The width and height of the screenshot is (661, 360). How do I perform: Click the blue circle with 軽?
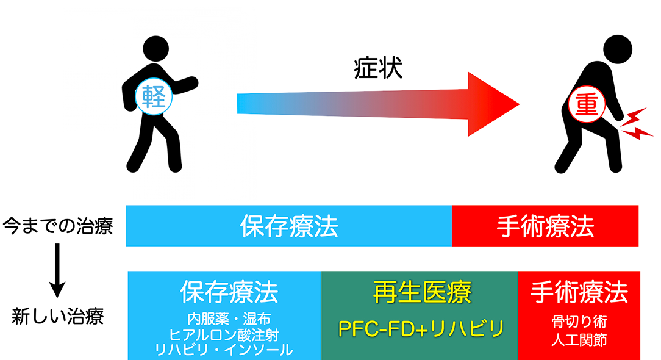pyautogui.click(x=154, y=96)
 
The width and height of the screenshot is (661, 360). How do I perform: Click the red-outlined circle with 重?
pyautogui.click(x=587, y=104)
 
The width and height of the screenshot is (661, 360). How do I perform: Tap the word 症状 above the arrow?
pyautogui.click(x=378, y=68)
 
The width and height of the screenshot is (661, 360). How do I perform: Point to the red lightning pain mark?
pyautogui.click(x=636, y=124)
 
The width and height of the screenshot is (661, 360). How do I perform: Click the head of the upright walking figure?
pyautogui.click(x=156, y=49)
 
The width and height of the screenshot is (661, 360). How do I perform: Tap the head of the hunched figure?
pyautogui.click(x=618, y=49)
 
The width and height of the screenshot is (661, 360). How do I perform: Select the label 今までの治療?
pyautogui.click(x=58, y=226)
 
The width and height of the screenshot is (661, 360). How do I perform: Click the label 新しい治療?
pyautogui.click(x=58, y=316)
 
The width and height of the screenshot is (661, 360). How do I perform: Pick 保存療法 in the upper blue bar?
pyautogui.click(x=289, y=226)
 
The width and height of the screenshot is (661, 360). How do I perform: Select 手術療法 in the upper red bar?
pyautogui.click(x=545, y=226)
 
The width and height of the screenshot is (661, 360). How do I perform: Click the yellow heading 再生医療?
pyautogui.click(x=422, y=292)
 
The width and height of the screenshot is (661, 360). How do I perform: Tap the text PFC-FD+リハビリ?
pyautogui.click(x=421, y=328)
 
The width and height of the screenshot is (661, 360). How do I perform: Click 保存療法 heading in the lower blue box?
pyautogui.click(x=229, y=292)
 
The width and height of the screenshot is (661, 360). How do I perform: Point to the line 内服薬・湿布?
pyautogui.click(x=229, y=319)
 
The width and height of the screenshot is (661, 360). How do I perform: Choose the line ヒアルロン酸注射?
pyautogui.click(x=224, y=334)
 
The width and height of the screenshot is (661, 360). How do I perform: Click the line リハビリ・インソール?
pyautogui.click(x=224, y=350)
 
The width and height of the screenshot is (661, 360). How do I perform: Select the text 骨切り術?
pyautogui.click(x=579, y=322)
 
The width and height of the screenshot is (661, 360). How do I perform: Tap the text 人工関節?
pyautogui.click(x=579, y=340)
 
